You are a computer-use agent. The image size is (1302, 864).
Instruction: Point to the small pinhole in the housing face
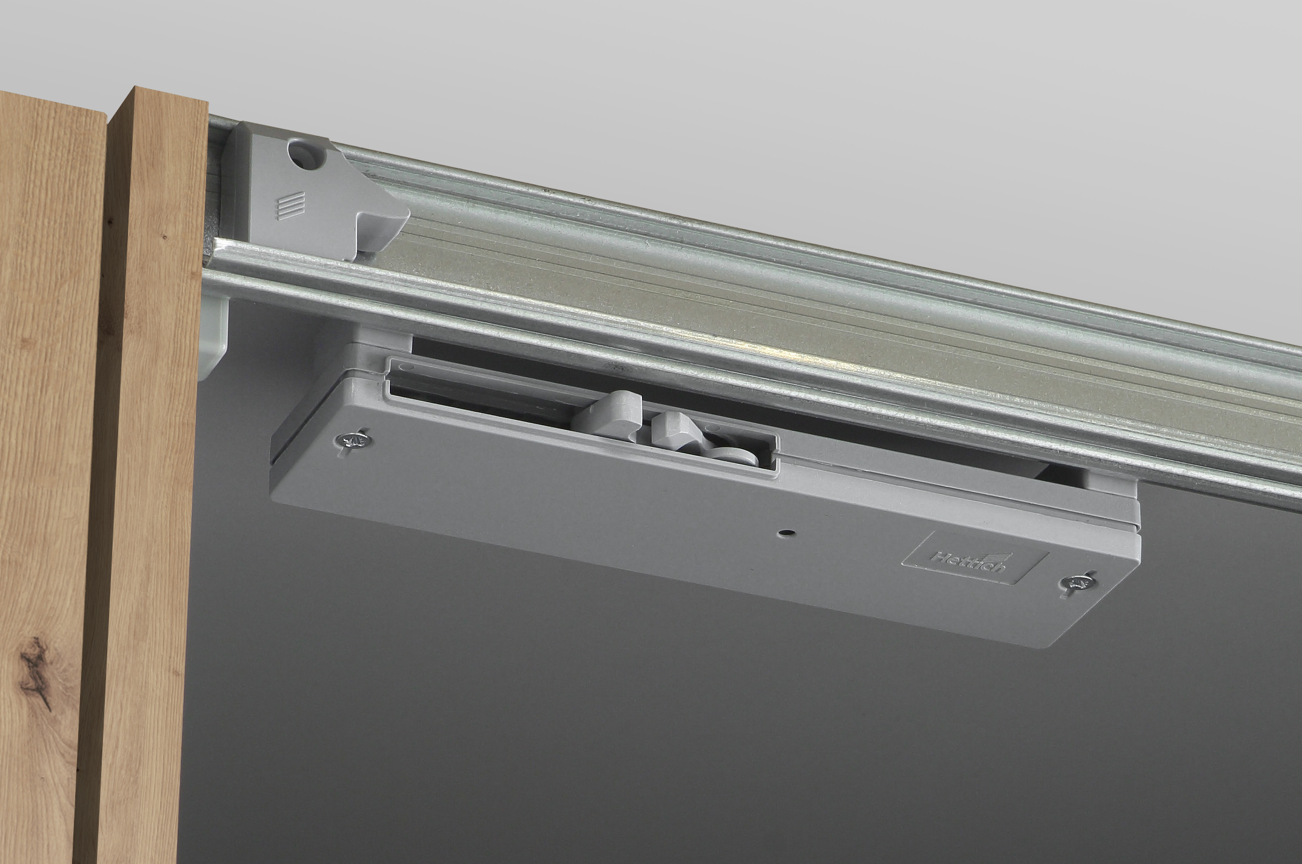point(786,533)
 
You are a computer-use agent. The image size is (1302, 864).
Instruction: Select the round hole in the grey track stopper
point(303,153)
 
